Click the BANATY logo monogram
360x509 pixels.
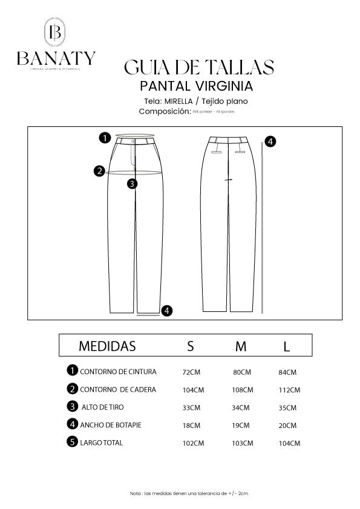56,31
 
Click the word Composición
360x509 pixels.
165,111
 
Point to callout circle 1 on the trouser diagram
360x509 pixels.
105,138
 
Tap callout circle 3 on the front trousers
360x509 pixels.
133,183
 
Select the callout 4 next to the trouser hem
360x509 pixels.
168,311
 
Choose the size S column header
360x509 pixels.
191,346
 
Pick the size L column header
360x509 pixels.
287,346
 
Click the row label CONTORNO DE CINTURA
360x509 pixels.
118,371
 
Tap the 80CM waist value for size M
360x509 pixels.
241,372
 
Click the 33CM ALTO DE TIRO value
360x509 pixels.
191,408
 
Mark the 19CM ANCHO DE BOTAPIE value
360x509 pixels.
241,426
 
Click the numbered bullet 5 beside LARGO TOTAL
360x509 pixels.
73,442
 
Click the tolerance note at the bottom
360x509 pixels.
189,494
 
